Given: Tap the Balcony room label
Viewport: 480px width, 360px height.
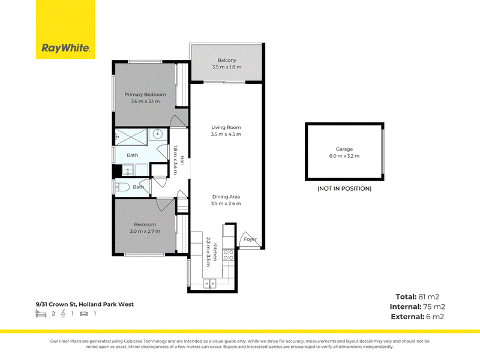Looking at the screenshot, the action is coord(227,61).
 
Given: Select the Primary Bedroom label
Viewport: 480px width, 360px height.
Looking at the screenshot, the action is coord(145,95).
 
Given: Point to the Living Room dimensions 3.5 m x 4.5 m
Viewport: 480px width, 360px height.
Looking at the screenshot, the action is coord(226,134).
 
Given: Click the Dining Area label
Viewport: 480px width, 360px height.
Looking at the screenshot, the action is coord(226,197).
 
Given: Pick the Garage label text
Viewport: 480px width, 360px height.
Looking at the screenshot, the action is coord(344,149).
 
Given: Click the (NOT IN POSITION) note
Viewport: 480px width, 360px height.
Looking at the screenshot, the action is coord(344,188).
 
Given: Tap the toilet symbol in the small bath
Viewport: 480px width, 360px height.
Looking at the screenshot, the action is coord(122,187).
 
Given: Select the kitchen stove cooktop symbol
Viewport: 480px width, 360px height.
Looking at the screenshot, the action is coord(229,255).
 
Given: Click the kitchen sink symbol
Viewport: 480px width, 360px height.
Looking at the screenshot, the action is coord(209,284).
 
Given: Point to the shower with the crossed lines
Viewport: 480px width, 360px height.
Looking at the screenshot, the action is coord(131,137).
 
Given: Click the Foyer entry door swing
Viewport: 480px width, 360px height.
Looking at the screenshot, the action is coord(250,239).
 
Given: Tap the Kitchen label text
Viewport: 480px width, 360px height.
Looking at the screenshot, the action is coord(215,252).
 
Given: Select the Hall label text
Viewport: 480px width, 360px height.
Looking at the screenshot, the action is coord(182,160).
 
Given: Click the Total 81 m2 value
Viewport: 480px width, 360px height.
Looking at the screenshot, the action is coord(417,296).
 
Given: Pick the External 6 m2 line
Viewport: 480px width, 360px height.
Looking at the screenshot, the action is coord(417,317).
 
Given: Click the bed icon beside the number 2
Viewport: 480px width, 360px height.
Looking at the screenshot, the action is coord(41,313).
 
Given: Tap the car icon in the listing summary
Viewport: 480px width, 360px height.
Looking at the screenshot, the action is coord(84,313).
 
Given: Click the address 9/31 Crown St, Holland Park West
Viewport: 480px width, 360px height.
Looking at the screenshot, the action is coord(85,304).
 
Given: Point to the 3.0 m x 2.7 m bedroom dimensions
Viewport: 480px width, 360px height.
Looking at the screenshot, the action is coord(145,231).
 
